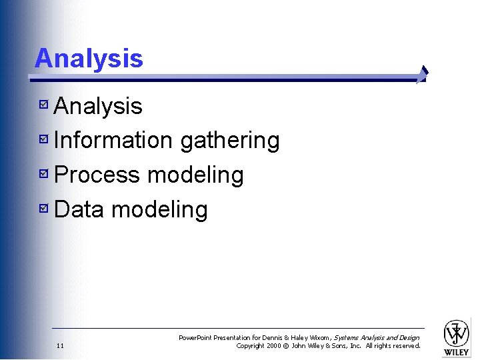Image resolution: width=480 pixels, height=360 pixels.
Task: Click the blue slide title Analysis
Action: coord(89,58)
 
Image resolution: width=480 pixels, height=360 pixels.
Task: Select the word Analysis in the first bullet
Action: coord(98,106)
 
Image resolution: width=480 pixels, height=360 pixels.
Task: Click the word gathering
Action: coord(230,141)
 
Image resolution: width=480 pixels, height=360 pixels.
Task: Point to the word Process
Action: coord(97,175)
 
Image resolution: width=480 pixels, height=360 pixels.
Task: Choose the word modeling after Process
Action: coord(195,176)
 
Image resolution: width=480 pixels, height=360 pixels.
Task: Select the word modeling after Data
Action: coord(159,211)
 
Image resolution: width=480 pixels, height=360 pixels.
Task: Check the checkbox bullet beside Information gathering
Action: coord(43,140)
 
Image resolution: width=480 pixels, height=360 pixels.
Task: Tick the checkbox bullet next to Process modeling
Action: coord(43,175)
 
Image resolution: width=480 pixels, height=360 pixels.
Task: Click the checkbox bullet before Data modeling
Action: coord(43,209)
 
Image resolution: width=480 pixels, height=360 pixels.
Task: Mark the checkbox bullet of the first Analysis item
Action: coord(43,105)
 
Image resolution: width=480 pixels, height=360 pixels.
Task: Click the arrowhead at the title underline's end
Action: coord(422,75)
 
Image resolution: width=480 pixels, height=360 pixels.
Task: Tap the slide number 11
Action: coord(60,346)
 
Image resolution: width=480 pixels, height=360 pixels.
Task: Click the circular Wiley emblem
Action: coord(457,333)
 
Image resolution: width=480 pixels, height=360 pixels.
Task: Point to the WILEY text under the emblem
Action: coord(457,352)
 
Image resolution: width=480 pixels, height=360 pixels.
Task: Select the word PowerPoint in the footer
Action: coord(195,338)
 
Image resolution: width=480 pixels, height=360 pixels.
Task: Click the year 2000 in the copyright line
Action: coord(273,346)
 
